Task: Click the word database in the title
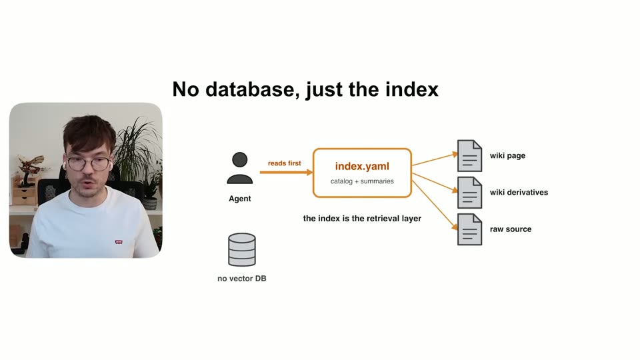(249, 89)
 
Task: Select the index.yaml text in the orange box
(362, 166)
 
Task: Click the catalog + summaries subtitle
(362, 181)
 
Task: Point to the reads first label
(285, 163)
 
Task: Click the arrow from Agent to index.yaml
(286, 172)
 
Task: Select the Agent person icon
(239, 168)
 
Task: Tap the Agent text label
(239, 199)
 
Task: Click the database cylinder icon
(242, 249)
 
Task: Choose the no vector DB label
(241, 279)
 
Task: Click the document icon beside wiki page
(469, 155)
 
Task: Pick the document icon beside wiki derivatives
(469, 192)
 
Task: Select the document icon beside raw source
(469, 229)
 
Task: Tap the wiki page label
(507, 155)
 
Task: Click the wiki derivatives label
(519, 192)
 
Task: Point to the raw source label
(511, 229)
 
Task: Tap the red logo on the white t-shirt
(119, 242)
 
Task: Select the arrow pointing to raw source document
(435, 205)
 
